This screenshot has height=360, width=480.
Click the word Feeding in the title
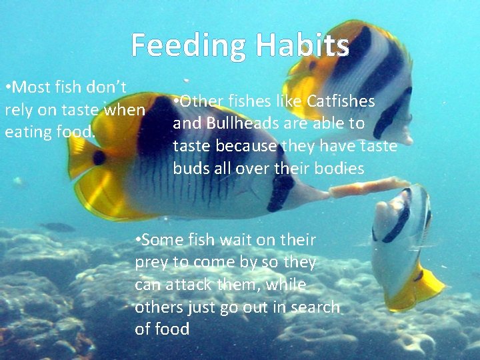point(189,45)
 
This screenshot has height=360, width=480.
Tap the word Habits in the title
point(302,45)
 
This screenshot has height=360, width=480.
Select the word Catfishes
point(341,101)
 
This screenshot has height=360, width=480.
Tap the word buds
point(191,169)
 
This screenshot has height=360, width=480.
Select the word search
point(315,307)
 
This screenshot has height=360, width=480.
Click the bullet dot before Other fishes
point(175,101)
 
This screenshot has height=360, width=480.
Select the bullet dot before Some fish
point(137,239)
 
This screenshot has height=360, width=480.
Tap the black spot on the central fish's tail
point(99,158)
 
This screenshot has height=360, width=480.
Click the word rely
point(19,109)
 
